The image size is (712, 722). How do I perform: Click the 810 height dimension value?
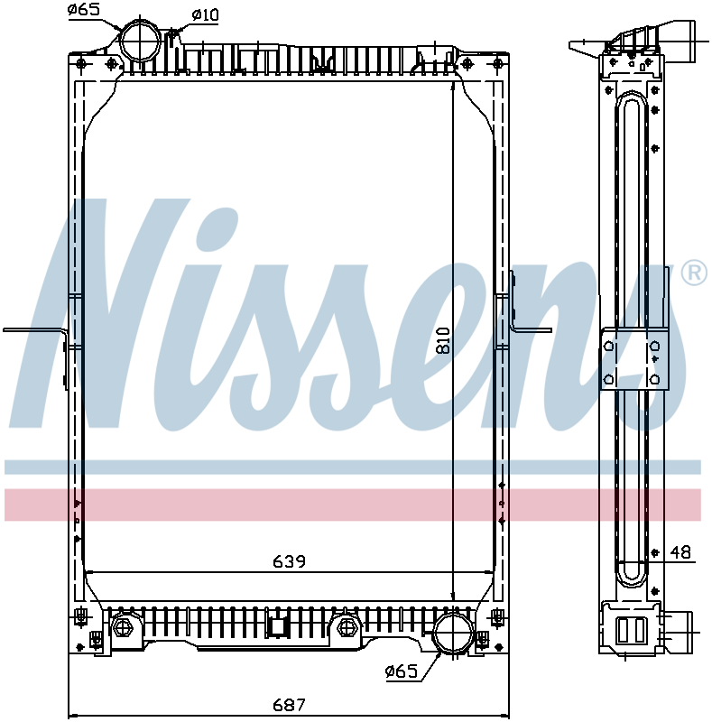[442, 338]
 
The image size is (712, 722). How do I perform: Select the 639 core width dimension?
[290, 561]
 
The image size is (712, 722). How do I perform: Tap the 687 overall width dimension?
[290, 704]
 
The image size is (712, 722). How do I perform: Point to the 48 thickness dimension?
[680, 552]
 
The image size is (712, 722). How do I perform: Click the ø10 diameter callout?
[205, 14]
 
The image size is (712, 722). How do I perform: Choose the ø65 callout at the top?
[84, 11]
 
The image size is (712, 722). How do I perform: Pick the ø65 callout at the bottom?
[400, 671]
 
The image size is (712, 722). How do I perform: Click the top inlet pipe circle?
[141, 40]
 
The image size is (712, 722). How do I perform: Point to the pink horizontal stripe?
[352, 504]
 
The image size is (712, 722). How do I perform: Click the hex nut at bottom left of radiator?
[123, 626]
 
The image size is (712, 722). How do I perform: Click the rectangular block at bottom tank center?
[277, 625]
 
